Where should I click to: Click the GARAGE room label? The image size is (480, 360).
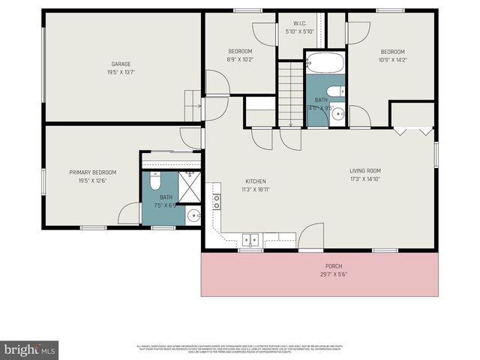click(x=121, y=64)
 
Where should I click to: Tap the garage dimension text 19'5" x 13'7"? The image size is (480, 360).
click(x=121, y=73)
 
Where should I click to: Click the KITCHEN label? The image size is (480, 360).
click(x=256, y=181)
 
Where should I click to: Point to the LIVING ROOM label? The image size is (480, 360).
click(x=365, y=171)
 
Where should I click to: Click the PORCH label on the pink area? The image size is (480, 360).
click(x=334, y=266)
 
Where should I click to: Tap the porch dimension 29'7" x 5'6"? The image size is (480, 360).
click(x=334, y=274)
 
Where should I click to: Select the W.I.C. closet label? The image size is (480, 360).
click(x=300, y=23)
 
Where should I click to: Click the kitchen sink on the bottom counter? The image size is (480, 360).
click(x=250, y=240)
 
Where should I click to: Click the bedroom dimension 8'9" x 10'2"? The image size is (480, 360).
click(x=240, y=60)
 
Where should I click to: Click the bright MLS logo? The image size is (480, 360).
click(x=29, y=349)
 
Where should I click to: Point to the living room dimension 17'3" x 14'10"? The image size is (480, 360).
click(x=365, y=179)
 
